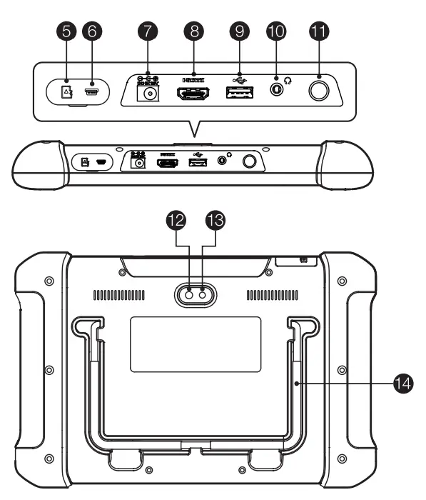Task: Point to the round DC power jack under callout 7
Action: pos(150,94)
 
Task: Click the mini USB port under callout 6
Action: pos(91,91)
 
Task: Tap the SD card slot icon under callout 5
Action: pos(67,92)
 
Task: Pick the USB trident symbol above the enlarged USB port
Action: pos(238,76)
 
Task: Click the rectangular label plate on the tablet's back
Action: pos(196,344)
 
